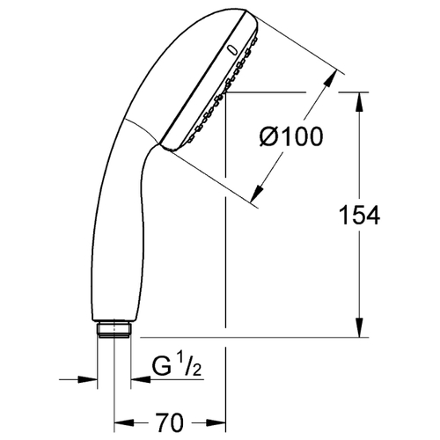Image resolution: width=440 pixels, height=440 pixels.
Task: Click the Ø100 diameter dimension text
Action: [x=291, y=137]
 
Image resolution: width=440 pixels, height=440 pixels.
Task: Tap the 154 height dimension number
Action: [x=359, y=216]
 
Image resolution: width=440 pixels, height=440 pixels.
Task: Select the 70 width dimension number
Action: [x=170, y=422]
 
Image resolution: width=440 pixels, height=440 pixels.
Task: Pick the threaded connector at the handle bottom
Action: [x=114, y=330]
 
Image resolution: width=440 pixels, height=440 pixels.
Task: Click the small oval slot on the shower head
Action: [x=232, y=50]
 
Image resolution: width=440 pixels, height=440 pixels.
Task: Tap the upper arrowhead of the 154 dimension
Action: [x=360, y=102]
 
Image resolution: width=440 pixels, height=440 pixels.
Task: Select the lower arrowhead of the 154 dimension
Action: [x=360, y=327]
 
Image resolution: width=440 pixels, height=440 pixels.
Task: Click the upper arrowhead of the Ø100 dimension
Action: [x=331, y=78]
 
